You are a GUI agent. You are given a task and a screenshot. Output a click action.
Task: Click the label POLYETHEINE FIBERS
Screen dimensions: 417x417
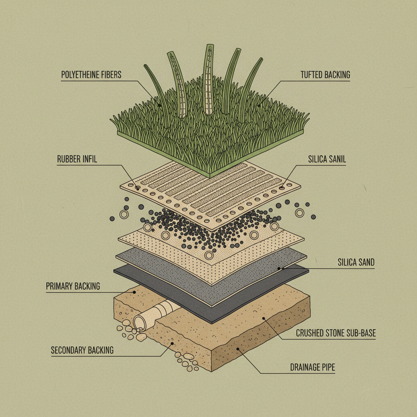pos(91,75)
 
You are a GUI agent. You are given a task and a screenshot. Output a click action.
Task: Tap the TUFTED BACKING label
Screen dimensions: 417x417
pos(325,75)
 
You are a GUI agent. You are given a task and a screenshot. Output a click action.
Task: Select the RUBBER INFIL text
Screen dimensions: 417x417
pos(77,159)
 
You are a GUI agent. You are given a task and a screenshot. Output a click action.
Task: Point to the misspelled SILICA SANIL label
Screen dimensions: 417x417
pos(327,159)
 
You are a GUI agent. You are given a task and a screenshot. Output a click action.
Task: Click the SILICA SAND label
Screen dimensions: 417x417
pos(356,263)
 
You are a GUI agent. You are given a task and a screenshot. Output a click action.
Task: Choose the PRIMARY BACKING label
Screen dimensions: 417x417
pos(73,286)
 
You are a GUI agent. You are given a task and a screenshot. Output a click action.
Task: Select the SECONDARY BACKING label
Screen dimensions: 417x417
pos(82,350)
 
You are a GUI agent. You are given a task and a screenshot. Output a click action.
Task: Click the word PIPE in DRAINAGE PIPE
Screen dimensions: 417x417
pos(327,368)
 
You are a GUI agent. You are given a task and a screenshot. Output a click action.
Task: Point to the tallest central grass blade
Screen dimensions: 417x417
pos(209,77)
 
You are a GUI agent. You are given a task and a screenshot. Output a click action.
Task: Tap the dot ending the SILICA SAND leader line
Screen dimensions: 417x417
pos(279,268)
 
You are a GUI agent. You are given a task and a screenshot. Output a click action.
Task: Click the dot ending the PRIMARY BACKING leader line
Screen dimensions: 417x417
pos(134,292)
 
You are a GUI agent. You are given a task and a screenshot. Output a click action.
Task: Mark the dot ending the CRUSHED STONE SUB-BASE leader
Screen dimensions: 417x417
pos(263,318)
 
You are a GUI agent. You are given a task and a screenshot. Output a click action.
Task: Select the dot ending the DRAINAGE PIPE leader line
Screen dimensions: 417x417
pos(237,349)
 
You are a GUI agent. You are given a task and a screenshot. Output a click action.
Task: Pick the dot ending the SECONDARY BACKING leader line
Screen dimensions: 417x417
pos(173,343)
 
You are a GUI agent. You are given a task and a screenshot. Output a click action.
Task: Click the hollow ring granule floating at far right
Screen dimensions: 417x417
pos(300,213)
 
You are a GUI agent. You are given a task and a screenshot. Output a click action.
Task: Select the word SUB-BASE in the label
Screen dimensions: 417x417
pos(361,334)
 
